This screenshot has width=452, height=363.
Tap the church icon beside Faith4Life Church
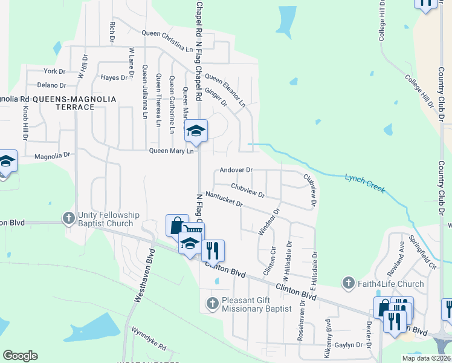click(348, 283)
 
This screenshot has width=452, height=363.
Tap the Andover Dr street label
click(236, 171)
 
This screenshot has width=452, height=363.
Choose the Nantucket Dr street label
click(224, 200)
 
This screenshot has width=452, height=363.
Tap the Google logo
click(21, 356)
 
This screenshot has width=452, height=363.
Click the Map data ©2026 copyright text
click(426, 358)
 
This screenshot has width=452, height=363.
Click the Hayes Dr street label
click(115, 77)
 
